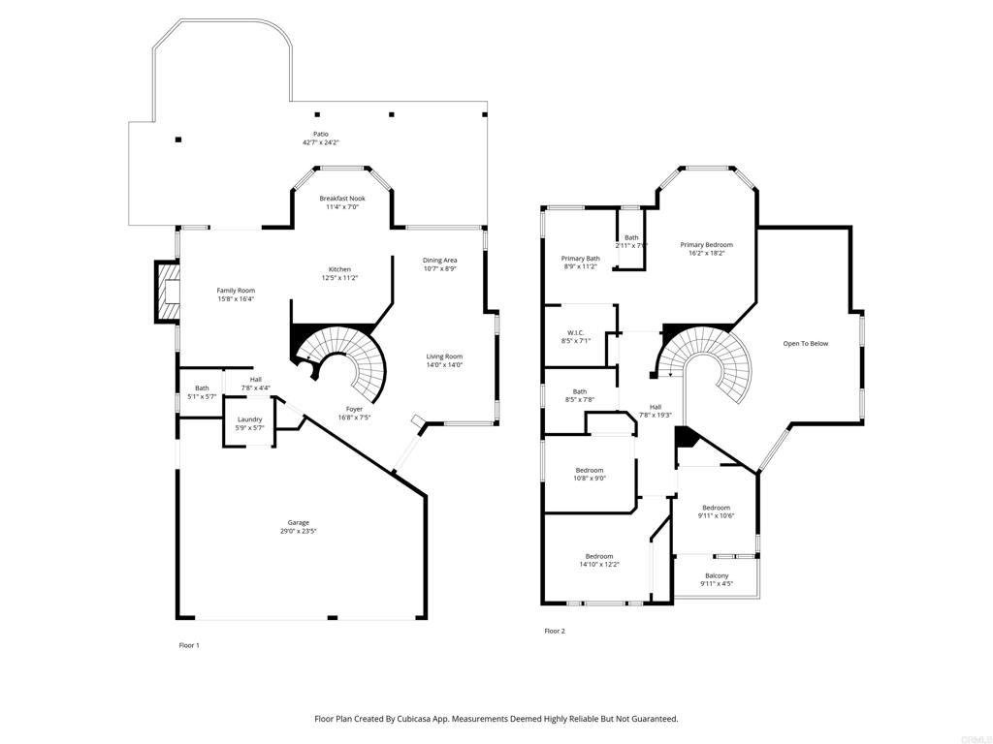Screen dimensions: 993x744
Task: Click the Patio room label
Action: tap(321, 134)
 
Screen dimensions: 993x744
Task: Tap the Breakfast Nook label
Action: tap(342, 199)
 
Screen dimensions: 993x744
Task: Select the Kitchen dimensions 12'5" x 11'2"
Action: tap(339, 278)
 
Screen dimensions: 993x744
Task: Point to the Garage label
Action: tap(299, 522)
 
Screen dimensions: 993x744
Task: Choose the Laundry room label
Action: tap(249, 419)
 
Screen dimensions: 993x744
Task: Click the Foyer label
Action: tap(354, 409)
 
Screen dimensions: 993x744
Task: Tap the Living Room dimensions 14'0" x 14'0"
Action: tap(444, 365)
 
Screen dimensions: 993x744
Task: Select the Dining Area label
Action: tap(440, 260)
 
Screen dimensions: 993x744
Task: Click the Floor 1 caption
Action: tap(189, 645)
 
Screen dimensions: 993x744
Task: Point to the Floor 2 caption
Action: tap(555, 631)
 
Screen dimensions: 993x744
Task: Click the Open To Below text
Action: tap(806, 344)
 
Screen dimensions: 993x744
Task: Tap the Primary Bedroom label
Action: tap(707, 245)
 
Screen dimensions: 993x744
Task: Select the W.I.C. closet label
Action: tap(576, 332)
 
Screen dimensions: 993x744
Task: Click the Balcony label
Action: tap(717, 575)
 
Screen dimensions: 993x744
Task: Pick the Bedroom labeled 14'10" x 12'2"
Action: tap(599, 561)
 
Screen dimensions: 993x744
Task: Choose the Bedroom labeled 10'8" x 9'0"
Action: tap(590, 475)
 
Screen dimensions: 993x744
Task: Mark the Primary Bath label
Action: tap(581, 258)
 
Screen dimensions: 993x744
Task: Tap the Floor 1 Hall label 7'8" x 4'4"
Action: tap(256, 384)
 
